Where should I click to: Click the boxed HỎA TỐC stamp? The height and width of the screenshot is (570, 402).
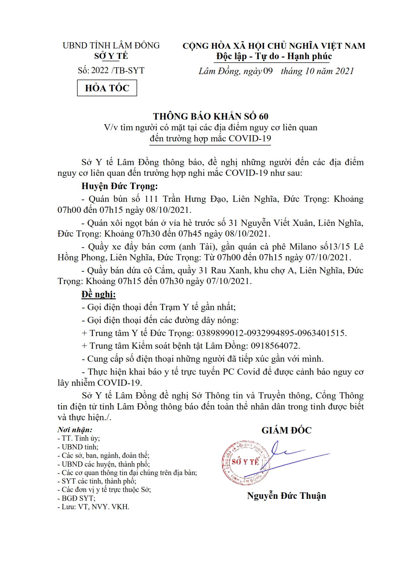[107, 88]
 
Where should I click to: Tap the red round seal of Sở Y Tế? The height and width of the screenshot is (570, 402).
[246, 463]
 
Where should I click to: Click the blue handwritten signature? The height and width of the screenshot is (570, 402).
[292, 455]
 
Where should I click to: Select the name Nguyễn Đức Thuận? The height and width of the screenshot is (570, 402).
[286, 496]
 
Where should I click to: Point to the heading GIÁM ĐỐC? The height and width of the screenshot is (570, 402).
[286, 430]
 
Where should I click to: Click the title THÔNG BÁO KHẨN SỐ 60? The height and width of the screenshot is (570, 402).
[211, 116]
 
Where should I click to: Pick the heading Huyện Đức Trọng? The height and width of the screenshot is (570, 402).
[119, 186]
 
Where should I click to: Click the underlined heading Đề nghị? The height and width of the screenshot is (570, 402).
[98, 294]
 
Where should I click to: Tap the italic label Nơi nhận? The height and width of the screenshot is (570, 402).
[75, 430]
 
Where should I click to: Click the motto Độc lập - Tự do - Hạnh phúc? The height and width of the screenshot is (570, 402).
[274, 57]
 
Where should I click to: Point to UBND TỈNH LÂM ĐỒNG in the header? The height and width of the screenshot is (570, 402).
[111, 45]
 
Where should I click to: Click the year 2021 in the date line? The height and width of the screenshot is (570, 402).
[345, 71]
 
